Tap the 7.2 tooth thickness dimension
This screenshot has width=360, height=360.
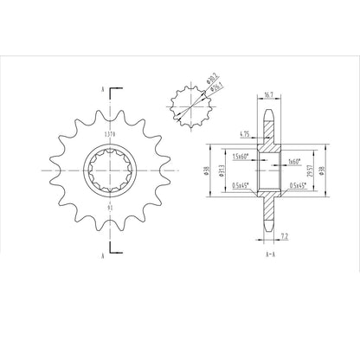point(286,234)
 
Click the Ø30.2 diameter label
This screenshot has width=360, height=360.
point(210,83)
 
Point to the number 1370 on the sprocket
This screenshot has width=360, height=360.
point(109,135)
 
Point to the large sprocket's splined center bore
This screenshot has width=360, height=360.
point(108,170)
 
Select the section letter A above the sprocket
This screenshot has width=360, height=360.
point(104,90)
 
